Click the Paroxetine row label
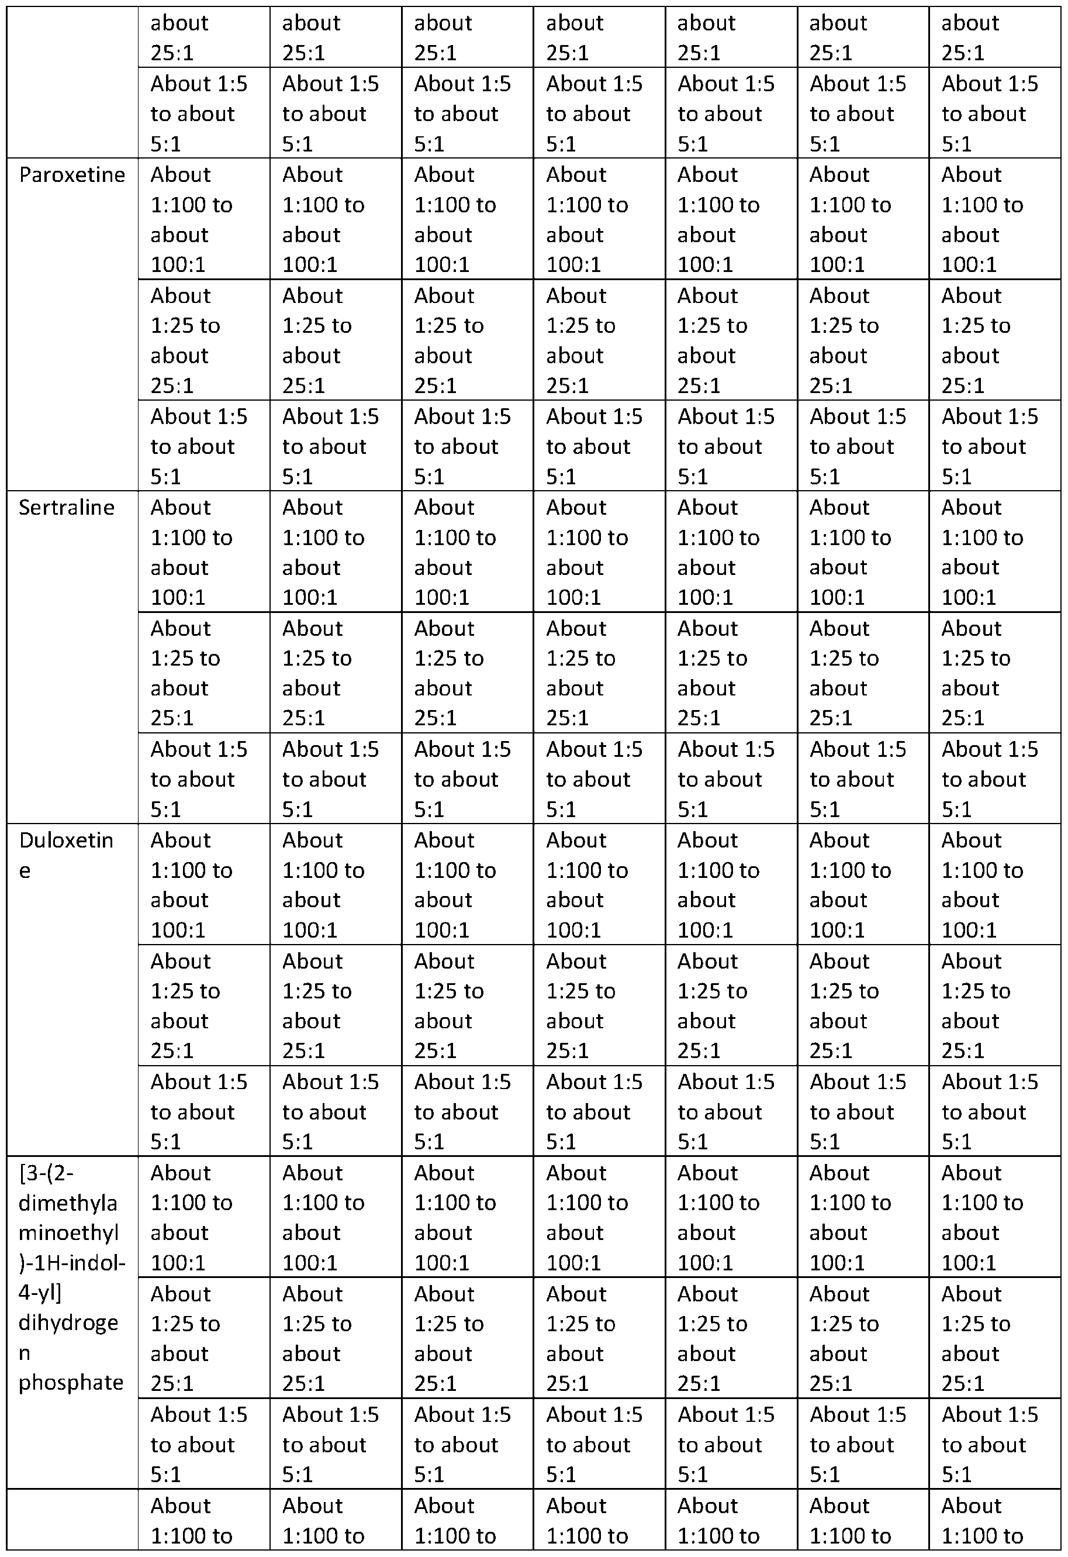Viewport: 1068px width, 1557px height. (72, 175)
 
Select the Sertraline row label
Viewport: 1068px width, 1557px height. (66, 507)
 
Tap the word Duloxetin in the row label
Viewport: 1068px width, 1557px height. (66, 840)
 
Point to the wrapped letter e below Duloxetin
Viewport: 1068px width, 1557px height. (25, 871)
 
